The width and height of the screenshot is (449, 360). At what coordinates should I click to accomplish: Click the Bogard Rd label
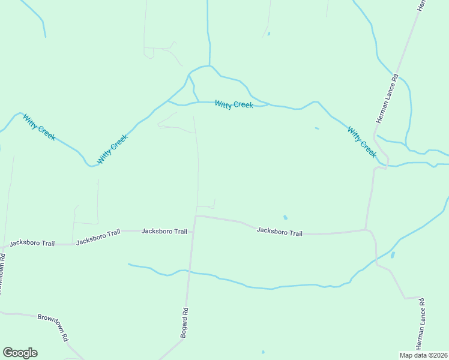tap(185, 323)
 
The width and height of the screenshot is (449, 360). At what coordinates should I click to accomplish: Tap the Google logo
tap(20, 353)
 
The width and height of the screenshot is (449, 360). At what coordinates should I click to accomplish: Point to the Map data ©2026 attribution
tap(423, 355)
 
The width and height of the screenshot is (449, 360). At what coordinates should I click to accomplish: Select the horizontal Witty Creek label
tap(234, 104)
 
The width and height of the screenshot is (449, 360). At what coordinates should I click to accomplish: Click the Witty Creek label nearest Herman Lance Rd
tap(362, 142)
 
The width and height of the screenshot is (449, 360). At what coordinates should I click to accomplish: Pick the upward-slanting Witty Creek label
tap(112, 149)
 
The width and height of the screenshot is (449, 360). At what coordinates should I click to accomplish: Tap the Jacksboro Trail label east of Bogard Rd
tap(279, 232)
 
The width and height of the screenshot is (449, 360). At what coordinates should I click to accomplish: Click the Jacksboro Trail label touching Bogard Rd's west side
tap(164, 231)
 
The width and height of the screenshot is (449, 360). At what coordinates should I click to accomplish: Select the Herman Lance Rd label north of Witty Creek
tap(387, 98)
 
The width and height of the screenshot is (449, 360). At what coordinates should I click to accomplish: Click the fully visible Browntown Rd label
tap(53, 327)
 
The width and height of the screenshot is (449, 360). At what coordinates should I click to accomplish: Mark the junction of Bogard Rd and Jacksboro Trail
tap(196, 216)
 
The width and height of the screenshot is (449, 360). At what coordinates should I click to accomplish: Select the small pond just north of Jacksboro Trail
tap(285, 217)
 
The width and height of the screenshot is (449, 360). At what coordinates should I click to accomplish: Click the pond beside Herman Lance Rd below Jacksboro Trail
tap(393, 255)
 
